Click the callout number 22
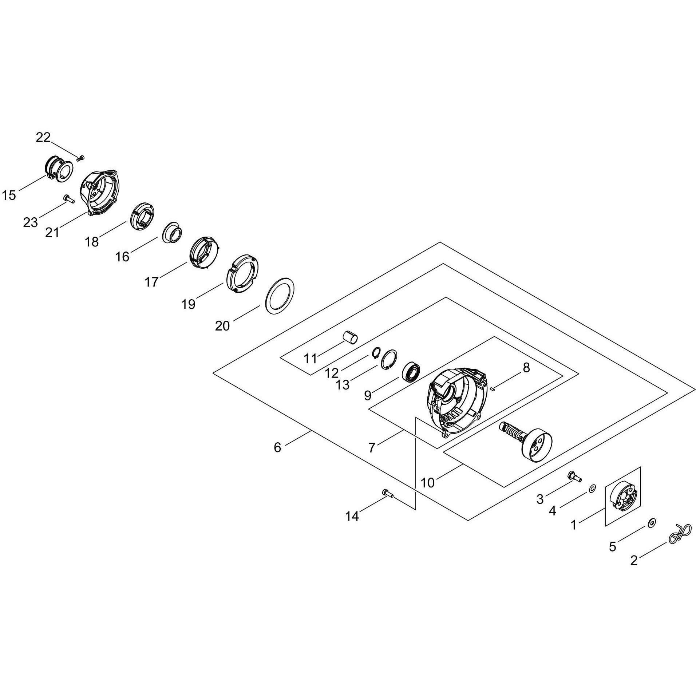(43, 138)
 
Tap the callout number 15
(9, 195)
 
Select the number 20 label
(222, 326)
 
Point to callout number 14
(352, 516)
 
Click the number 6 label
(277, 447)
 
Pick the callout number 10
(428, 483)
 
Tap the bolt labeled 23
(69, 198)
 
